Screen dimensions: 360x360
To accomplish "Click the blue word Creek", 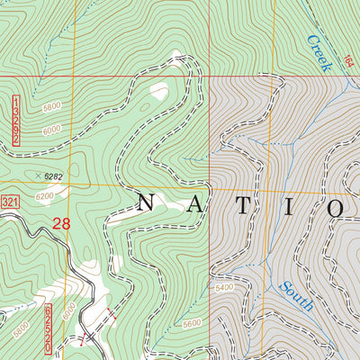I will point(319,52).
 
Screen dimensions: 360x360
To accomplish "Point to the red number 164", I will point(349,61).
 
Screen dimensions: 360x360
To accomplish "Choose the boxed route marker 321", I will point(10,198).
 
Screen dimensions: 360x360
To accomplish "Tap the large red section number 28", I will point(60,223).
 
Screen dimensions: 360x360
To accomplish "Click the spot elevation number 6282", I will point(58,176).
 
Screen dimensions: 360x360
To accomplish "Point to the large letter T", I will point(243,204).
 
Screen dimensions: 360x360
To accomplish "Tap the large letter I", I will point(290,204).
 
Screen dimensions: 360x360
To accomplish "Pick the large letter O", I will point(337,206).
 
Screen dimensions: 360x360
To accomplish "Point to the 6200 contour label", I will point(45,195).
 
